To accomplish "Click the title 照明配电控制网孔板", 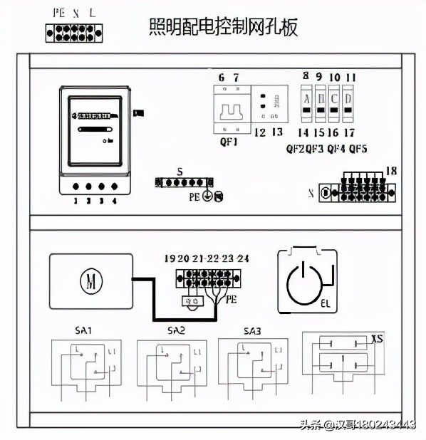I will click(223, 27).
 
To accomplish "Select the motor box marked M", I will click(90, 281).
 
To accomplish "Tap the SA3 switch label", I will click(251, 330).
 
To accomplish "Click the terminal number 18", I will click(391, 169).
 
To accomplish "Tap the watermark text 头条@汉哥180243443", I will click(358, 425).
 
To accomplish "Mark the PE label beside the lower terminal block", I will click(231, 300).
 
